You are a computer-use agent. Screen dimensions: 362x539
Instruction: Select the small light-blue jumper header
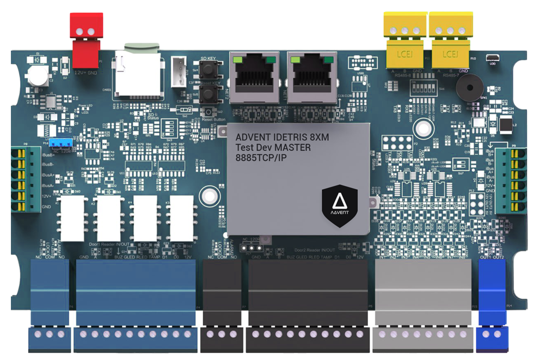pos(60,143)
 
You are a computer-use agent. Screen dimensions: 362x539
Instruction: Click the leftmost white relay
pos(72,219)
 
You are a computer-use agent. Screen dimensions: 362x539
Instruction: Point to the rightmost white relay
pos(181,219)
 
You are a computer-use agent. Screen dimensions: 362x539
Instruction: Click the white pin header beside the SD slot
pos(178,72)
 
